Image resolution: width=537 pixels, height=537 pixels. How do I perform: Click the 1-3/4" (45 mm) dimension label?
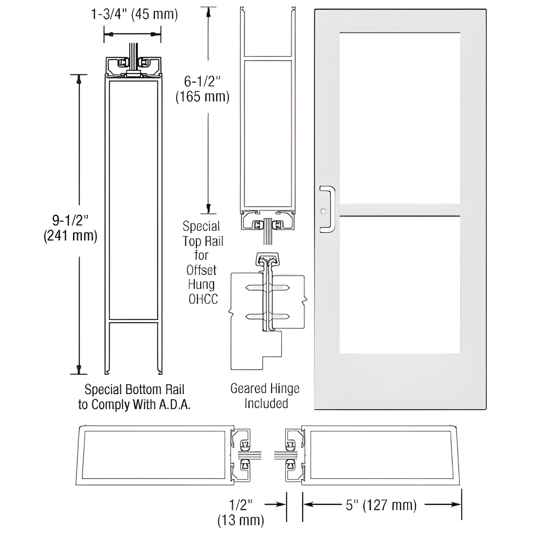[x=135, y=14]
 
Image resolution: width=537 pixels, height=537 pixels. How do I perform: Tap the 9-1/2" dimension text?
[x=70, y=220]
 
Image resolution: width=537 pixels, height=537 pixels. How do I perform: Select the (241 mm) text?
[x=70, y=236]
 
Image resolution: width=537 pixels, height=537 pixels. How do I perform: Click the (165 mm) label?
[x=202, y=97]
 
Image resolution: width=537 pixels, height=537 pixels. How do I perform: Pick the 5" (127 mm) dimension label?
[x=381, y=505]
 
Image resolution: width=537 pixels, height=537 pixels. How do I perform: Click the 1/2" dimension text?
[x=241, y=504]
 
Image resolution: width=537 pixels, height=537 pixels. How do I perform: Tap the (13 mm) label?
[x=241, y=520]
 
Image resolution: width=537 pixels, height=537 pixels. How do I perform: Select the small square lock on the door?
[x=323, y=212]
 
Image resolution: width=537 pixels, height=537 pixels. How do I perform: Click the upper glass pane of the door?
[x=399, y=118]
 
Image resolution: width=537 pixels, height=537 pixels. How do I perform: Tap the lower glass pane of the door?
[x=399, y=285]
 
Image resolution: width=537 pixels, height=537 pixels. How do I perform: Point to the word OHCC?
[x=203, y=299]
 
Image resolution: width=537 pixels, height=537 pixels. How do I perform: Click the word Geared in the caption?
[x=248, y=388]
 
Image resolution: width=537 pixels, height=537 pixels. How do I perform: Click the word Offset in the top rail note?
[x=201, y=270]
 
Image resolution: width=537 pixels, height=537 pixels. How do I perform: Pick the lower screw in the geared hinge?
[x=267, y=316]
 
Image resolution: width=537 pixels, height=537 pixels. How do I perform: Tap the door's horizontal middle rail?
[x=399, y=210]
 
